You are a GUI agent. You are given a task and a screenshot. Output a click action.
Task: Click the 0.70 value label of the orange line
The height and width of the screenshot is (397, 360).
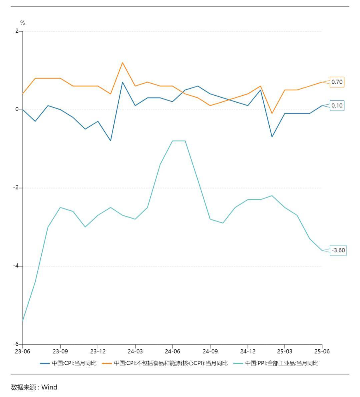tap(337, 82)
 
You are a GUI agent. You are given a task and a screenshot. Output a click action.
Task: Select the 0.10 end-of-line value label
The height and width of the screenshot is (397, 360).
tap(337, 106)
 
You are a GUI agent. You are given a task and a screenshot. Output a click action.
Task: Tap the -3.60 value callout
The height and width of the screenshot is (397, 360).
tap(338, 250)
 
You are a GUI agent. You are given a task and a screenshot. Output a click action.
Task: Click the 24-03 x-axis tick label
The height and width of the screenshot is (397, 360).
tap(135, 351)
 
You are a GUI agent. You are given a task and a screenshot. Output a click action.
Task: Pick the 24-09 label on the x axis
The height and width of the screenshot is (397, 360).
tap(210, 351)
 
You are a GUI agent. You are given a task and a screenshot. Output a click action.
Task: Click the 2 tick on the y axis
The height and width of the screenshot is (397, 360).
tap(17, 31)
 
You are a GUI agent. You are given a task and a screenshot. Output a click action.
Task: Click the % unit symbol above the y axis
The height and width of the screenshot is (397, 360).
tap(23, 23)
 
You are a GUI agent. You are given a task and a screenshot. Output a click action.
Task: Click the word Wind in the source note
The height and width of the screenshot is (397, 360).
tap(49, 387)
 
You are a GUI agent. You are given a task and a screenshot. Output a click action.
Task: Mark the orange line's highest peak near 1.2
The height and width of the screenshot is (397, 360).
tap(122, 63)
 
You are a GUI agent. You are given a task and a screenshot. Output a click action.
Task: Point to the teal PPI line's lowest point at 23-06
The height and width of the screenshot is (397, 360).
tap(23, 320)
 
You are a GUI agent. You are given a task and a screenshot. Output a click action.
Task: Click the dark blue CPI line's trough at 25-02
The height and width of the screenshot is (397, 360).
tap(272, 137)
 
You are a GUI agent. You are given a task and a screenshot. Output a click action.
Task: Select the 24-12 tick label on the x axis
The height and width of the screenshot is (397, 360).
tap(247, 351)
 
